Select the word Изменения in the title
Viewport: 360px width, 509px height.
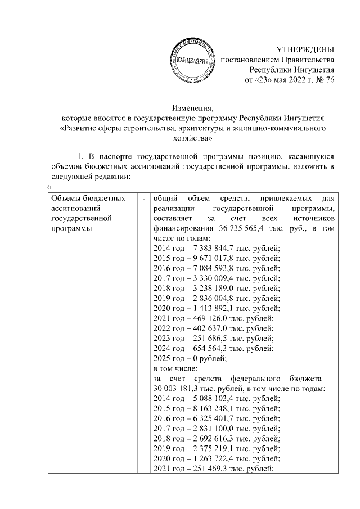coord(192,108)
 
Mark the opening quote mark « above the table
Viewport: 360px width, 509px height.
coord(49,188)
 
